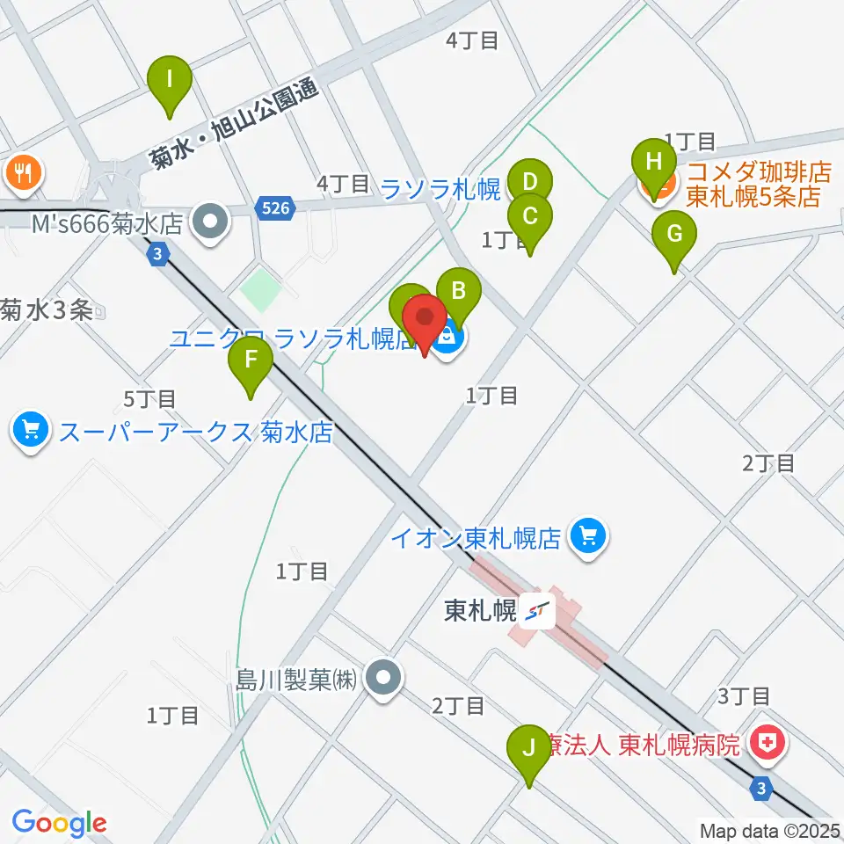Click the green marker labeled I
pyautogui.click(x=170, y=81)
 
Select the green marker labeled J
pyautogui.click(x=529, y=749)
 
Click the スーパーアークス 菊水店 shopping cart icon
pyautogui.click(x=30, y=430)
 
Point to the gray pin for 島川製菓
pyautogui.click(x=384, y=679)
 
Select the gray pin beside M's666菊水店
pyautogui.click(x=210, y=221)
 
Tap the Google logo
pyautogui.click(x=60, y=823)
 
